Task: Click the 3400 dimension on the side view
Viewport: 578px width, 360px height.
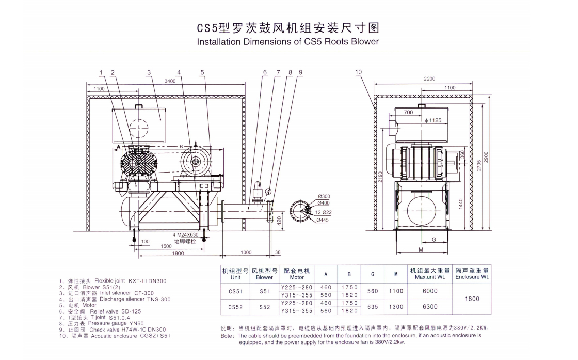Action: coord(170,81)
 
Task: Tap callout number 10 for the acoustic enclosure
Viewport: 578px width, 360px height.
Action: coord(359,73)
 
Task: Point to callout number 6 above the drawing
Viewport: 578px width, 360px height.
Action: coord(265,73)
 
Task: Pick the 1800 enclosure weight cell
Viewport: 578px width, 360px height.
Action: coord(472,299)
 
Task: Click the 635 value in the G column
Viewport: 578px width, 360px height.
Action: coord(372,307)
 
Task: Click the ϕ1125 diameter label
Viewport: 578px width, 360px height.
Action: coord(433,120)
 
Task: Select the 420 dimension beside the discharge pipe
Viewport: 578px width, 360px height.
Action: coord(278,221)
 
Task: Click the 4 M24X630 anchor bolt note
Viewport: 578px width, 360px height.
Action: coord(185,234)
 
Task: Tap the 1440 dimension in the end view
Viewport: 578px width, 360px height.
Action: coord(461,204)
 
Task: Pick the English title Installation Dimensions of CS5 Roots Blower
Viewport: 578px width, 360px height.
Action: coord(288,42)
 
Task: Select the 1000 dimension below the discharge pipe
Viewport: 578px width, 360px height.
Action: coord(246,253)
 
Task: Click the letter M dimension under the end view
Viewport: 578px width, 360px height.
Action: coord(421,250)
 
